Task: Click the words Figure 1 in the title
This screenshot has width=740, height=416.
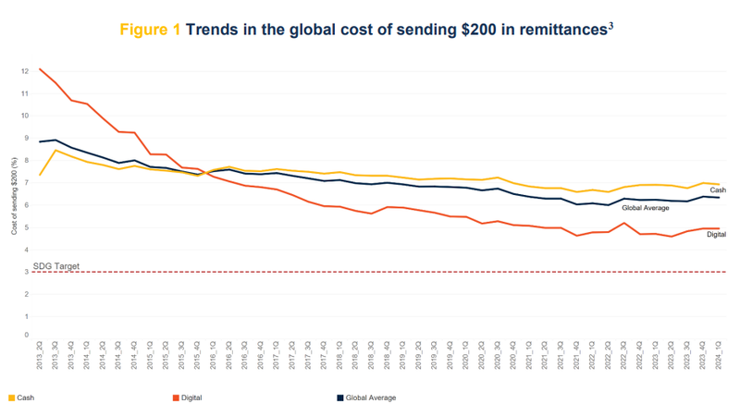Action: tap(150, 29)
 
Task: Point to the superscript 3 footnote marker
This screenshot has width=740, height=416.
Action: tap(611, 23)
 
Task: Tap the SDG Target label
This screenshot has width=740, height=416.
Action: tap(57, 266)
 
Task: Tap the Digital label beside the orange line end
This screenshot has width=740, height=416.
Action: tap(716, 234)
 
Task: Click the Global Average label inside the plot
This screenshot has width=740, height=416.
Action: tap(646, 208)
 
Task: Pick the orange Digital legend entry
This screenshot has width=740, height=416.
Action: tap(187, 398)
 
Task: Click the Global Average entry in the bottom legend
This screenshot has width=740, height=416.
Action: tap(364, 398)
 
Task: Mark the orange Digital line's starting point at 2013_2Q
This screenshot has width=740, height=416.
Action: tap(41, 69)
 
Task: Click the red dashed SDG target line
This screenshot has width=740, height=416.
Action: tap(370, 272)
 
